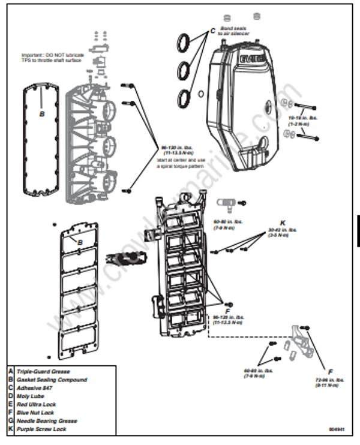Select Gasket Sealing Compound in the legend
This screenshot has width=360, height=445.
point(51,380)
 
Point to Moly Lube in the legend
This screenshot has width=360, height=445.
point(30,396)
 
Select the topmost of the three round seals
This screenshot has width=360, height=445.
point(186,43)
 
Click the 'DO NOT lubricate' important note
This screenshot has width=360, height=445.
point(53,58)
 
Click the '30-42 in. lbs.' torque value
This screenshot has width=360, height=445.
point(280,231)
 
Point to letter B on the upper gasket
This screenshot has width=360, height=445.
point(41,112)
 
